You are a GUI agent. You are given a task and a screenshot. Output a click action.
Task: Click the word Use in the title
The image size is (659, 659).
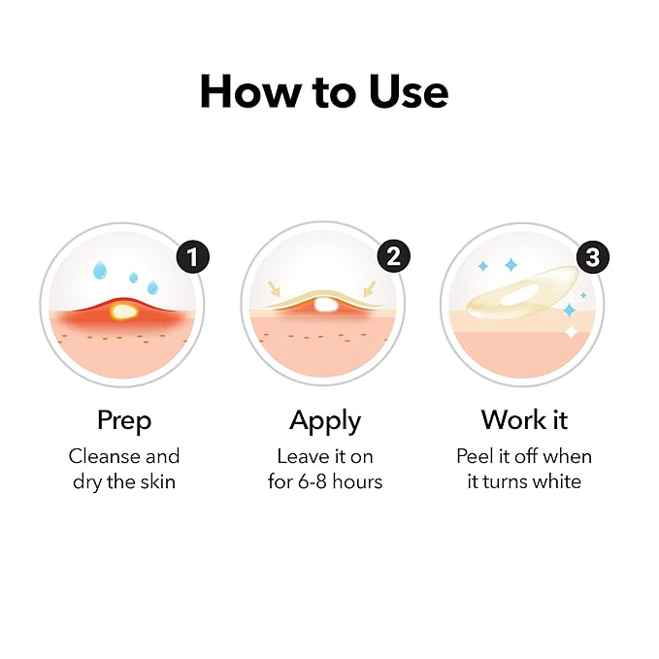tap(409, 92)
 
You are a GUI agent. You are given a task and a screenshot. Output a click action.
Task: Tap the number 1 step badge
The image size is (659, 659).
tap(193, 257)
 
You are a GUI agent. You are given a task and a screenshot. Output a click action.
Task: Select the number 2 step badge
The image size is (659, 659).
tap(393, 256)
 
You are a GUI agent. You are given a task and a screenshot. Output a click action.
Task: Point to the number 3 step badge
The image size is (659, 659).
tap(593, 257)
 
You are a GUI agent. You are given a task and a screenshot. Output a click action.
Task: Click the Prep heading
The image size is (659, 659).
tap(124, 420)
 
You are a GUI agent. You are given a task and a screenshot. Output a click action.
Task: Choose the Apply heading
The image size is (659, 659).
tap(325, 420)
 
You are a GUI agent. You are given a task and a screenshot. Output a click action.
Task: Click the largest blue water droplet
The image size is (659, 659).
tap(100, 270)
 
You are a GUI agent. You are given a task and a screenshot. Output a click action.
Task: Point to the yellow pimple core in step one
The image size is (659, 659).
tap(122, 312)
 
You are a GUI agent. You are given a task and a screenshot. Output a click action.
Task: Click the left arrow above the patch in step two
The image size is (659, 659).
tap(274, 288)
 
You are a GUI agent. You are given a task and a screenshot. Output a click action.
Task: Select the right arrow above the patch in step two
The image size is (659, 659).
tap(370, 288)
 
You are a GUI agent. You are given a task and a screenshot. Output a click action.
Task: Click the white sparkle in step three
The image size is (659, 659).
tap(571, 333)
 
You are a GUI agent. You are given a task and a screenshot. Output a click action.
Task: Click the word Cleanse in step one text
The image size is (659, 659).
tap(100, 456)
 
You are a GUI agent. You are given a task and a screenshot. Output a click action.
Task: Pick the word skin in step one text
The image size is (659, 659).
tap(157, 481)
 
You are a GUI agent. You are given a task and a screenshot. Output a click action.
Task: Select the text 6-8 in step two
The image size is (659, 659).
tap(313, 482)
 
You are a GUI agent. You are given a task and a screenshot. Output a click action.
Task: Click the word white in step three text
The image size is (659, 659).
tap(557, 481)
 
